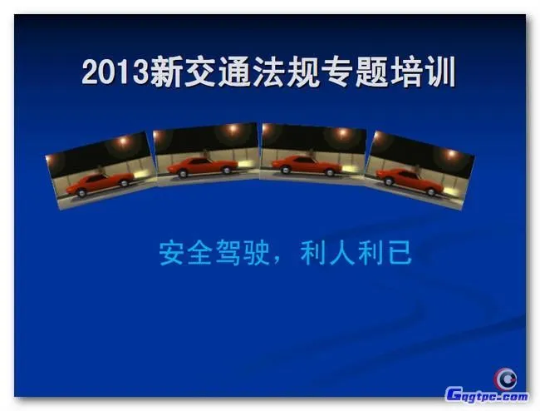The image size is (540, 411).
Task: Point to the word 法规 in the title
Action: tap(287, 73)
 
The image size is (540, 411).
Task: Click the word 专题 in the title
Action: tap(357, 73)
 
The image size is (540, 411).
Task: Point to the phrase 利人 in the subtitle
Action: tap(329, 253)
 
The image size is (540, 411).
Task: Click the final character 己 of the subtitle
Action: tap(399, 253)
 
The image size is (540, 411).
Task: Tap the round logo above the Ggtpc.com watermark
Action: tap(506, 377)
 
